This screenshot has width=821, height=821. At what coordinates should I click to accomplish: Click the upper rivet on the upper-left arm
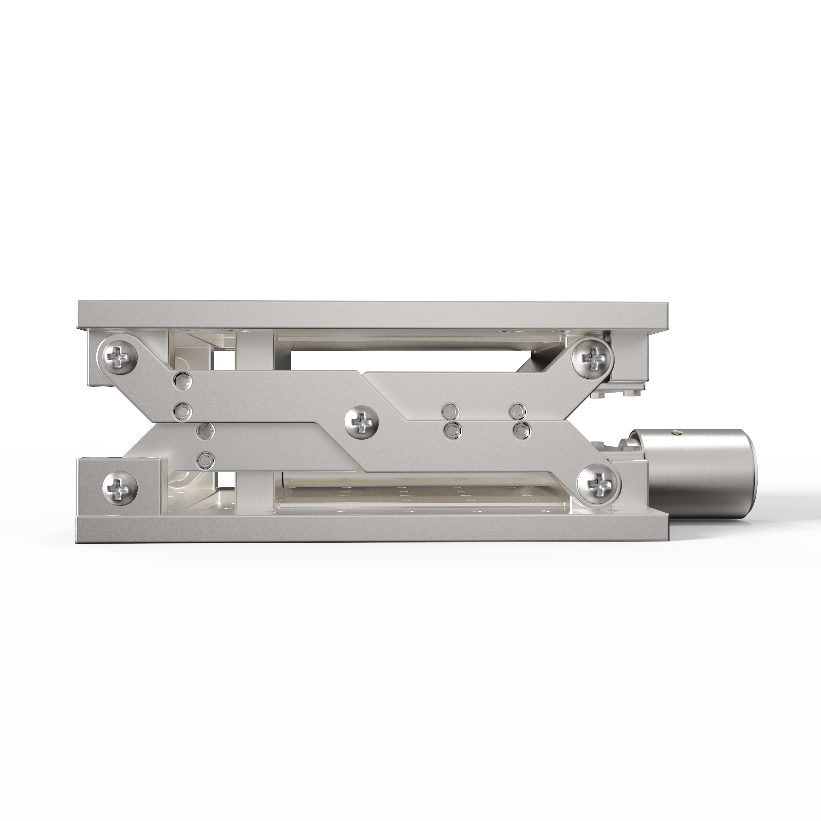pos(183,381)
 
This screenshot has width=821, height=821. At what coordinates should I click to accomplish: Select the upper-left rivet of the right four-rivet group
pos(450,411)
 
